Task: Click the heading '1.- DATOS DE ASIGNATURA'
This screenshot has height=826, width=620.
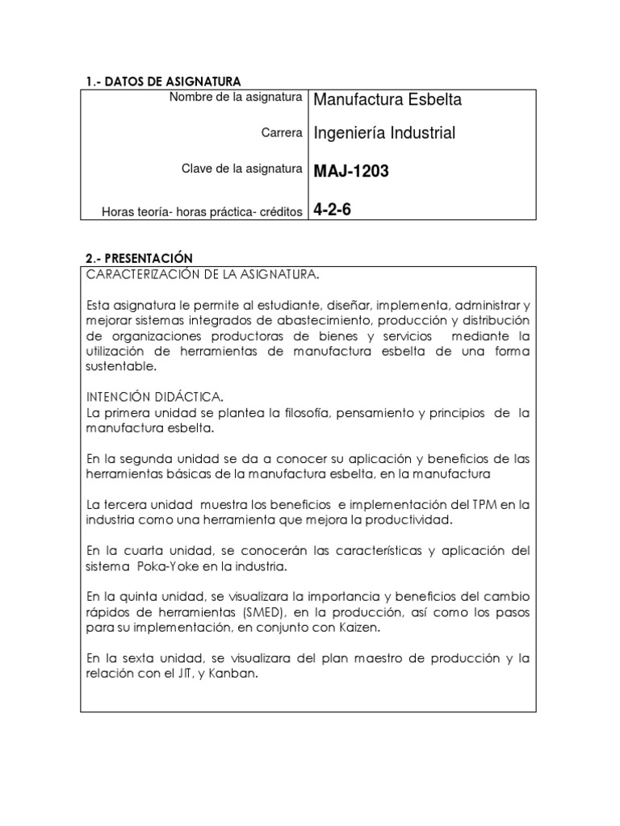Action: tap(164, 81)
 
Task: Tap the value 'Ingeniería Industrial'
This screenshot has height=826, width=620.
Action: tap(384, 133)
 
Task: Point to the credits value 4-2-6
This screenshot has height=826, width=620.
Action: tap(333, 211)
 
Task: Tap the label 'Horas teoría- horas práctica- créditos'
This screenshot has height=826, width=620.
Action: tap(202, 212)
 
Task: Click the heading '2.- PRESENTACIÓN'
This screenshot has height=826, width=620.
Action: tap(139, 258)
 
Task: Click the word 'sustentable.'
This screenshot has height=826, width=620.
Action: tap(120, 365)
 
